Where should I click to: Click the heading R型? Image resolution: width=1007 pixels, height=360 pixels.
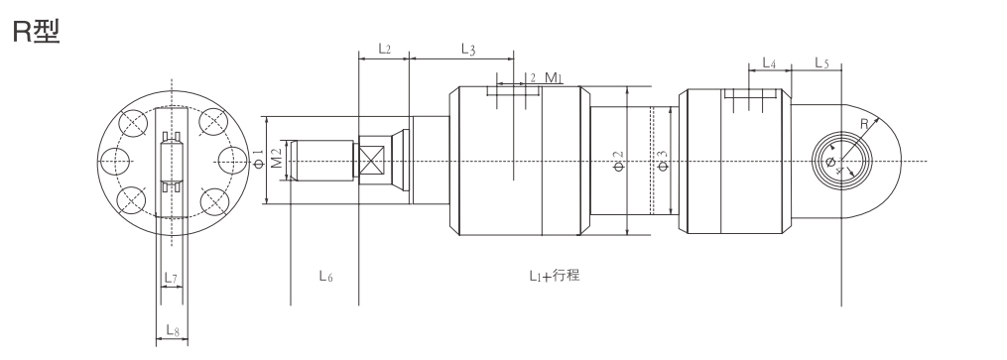[36, 31]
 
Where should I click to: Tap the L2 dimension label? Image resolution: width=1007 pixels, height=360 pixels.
[384, 49]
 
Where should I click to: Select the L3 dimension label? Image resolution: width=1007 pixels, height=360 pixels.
[468, 49]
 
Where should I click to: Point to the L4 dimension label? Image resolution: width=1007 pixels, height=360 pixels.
[769, 62]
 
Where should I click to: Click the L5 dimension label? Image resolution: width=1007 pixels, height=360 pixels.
[822, 62]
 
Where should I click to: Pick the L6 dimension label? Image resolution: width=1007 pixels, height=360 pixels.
[326, 276]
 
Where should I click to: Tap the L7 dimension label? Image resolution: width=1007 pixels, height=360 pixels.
[171, 278]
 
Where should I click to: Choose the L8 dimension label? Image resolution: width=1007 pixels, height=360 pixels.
[173, 330]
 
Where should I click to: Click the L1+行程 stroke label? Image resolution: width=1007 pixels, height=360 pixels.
[555, 276]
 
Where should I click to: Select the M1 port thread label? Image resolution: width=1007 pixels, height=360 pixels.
[554, 77]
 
